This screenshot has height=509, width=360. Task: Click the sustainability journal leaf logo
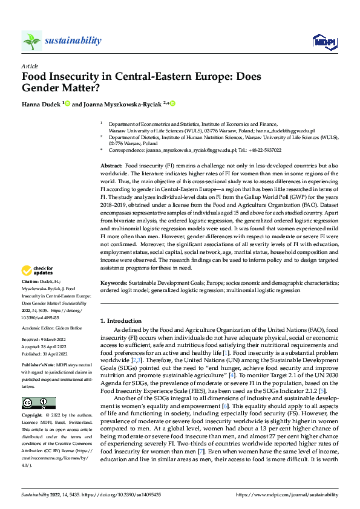pyautogui.click(x=31, y=41)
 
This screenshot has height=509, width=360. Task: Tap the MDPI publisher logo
pyautogui.click(x=324, y=41)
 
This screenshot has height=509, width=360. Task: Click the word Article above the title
pyautogui.click(x=29, y=66)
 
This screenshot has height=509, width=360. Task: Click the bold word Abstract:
pyautogui.click(x=111, y=165)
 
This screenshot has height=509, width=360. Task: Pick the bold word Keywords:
pyautogui.click(x=114, y=299)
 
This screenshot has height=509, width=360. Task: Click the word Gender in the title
pyautogui.click(x=42, y=88)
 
